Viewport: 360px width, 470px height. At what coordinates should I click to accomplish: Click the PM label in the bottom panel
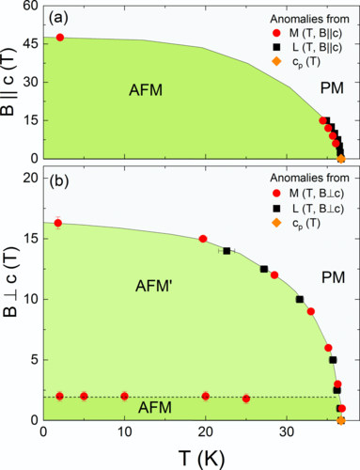coord(311,279)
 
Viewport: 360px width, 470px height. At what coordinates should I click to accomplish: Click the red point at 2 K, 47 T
coord(60,38)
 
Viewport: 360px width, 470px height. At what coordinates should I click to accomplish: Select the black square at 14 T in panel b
coord(227,251)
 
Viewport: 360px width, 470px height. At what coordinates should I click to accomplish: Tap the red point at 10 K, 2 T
coord(124,396)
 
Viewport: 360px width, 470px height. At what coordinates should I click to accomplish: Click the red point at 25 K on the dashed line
coord(246,399)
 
